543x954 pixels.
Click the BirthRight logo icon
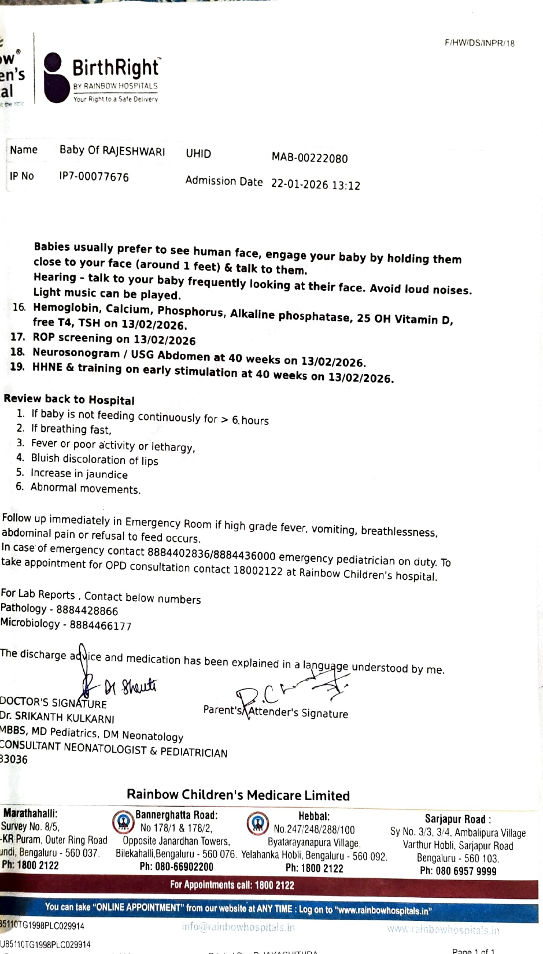pyautogui.click(x=56, y=77)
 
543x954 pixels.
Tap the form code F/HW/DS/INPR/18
pyautogui.click(x=479, y=43)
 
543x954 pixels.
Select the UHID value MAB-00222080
pyautogui.click(x=309, y=158)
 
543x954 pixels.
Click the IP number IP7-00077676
pyautogui.click(x=94, y=177)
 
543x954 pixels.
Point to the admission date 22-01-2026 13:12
pyautogui.click(x=315, y=184)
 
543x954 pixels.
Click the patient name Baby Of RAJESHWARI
pyautogui.click(x=112, y=151)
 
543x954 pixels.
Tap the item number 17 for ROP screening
pyautogui.click(x=17, y=337)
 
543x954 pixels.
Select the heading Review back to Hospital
pyautogui.click(x=69, y=400)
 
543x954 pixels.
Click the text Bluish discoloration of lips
pyautogui.click(x=94, y=460)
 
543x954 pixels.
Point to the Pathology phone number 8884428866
pyautogui.click(x=87, y=611)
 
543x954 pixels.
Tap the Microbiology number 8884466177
pyautogui.click(x=100, y=626)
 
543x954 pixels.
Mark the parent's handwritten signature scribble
pyautogui.click(x=289, y=691)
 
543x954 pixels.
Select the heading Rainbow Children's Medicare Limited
pyautogui.click(x=238, y=795)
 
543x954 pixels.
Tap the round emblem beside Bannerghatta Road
pyautogui.click(x=123, y=822)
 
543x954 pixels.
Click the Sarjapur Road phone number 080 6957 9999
pyautogui.click(x=458, y=871)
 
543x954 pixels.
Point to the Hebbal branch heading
pyautogui.click(x=314, y=816)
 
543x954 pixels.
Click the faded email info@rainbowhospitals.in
pyautogui.click(x=238, y=927)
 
